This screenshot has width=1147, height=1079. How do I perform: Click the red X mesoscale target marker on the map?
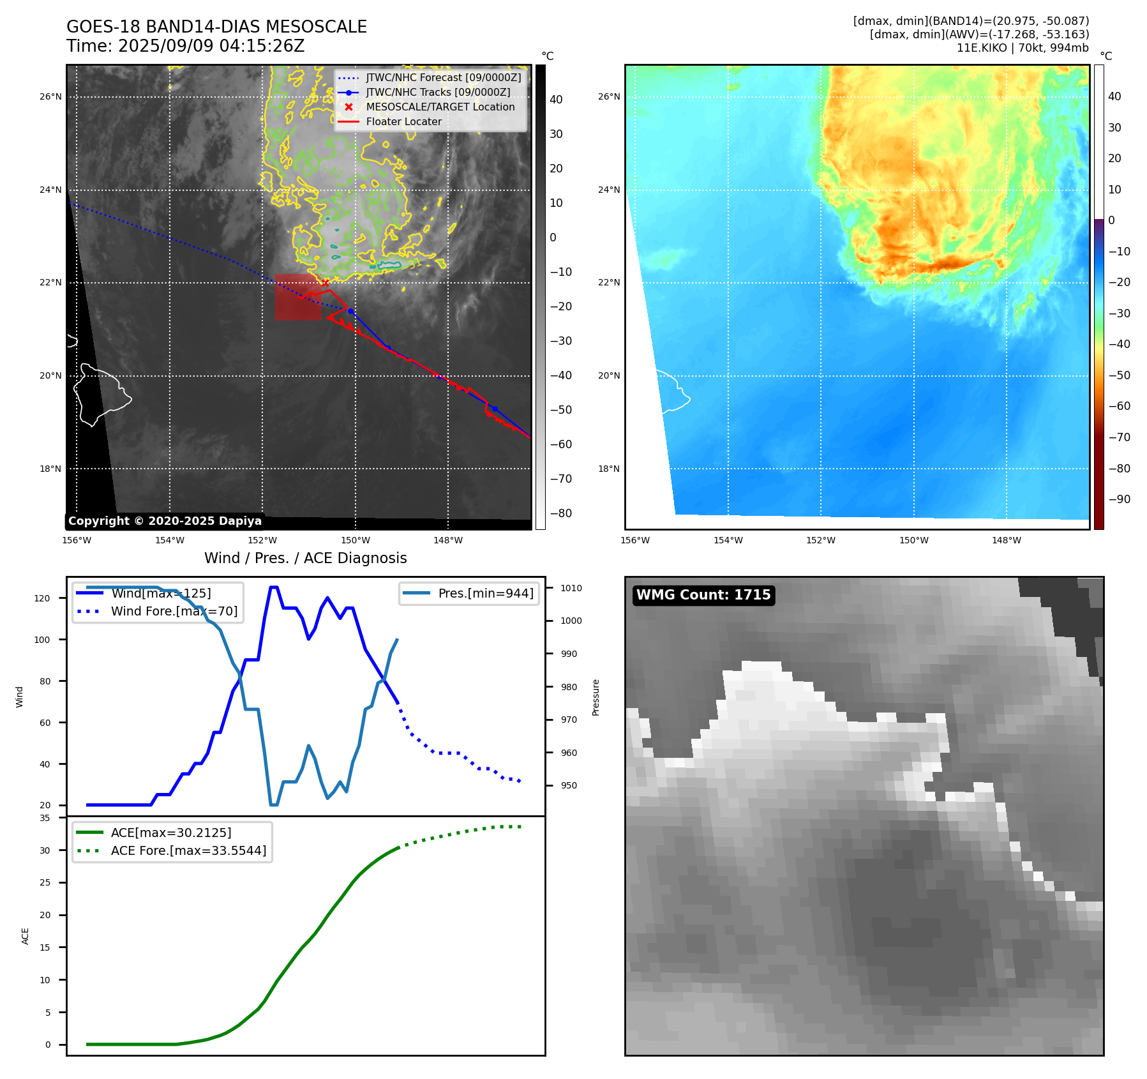pyautogui.click(x=325, y=283)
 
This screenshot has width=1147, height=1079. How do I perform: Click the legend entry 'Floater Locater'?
pyautogui.click(x=403, y=121)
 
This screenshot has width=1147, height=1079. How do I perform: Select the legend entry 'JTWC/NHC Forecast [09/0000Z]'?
pyautogui.click(x=443, y=77)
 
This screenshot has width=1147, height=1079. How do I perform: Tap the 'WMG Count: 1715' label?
pyautogui.click(x=703, y=595)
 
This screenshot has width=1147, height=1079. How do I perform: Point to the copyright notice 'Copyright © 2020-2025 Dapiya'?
pyautogui.click(x=165, y=521)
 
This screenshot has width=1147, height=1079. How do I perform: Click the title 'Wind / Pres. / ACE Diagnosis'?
pyautogui.click(x=305, y=558)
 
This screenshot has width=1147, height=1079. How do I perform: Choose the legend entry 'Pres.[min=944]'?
pyautogui.click(x=485, y=593)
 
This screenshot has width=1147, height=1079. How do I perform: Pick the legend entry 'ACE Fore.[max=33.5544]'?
pyautogui.click(x=188, y=850)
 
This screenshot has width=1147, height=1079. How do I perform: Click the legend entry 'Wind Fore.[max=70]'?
pyautogui.click(x=174, y=611)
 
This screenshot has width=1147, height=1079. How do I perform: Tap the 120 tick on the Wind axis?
pyautogui.click(x=41, y=598)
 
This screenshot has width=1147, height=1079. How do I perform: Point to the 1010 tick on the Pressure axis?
pyautogui.click(x=571, y=588)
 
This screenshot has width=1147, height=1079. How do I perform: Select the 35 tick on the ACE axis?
pyautogui.click(x=45, y=818)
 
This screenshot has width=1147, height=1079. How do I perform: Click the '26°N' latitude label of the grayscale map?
pyautogui.click(x=50, y=97)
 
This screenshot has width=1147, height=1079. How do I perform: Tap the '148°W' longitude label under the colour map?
pyautogui.click(x=1006, y=540)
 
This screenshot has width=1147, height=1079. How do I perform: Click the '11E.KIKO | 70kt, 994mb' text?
pyautogui.click(x=1023, y=48)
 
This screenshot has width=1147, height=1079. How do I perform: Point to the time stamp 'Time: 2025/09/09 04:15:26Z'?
pyautogui.click(x=185, y=46)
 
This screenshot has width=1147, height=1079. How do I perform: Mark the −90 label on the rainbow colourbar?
pyautogui.click(x=1119, y=499)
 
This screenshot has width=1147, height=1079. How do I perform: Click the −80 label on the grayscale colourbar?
pyautogui.click(x=560, y=513)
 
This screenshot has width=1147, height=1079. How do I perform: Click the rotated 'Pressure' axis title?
pyautogui.click(x=596, y=697)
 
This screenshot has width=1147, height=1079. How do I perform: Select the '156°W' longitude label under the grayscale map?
pyautogui.click(x=77, y=540)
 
